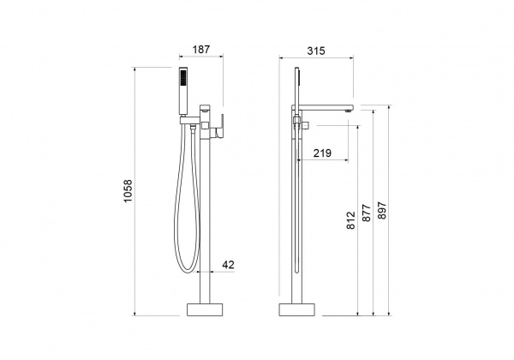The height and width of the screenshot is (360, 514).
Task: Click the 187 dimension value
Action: click(200, 50)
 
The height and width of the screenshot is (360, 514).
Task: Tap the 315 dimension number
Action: click(316, 51)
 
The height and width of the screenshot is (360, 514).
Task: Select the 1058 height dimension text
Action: click(128, 191)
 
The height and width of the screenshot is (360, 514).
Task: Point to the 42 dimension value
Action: click(229, 265)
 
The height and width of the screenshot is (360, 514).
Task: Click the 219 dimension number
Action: click(322, 153)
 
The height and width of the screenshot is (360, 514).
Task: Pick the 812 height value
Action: click(350, 220)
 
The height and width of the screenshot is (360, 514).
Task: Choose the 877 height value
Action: click(366, 213)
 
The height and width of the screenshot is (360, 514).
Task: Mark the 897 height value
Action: click(382, 211)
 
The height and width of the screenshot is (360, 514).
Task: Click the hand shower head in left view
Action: click(183, 92)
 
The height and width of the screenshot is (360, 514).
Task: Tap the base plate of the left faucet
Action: click(205, 309)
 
